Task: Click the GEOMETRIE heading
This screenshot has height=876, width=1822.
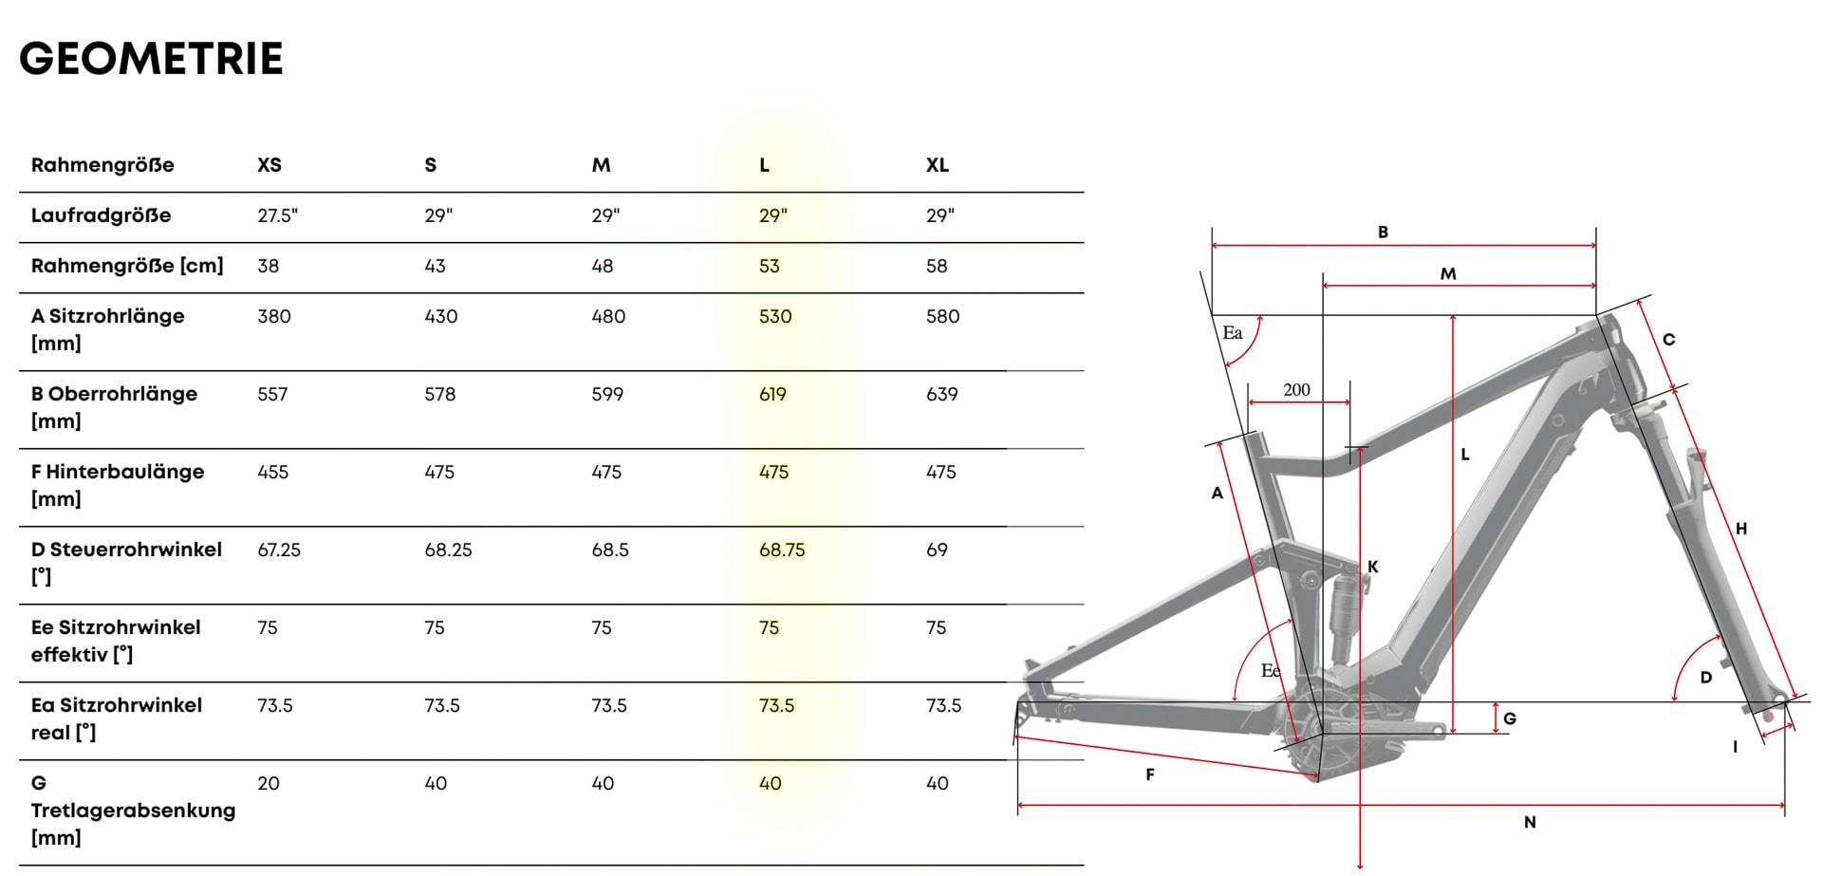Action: coord(151,58)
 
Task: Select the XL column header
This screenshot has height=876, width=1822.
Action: coord(937,165)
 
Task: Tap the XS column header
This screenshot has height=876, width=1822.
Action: coord(270,165)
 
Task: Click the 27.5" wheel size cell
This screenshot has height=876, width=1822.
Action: coord(277,215)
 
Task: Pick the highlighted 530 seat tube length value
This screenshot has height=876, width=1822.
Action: coord(774,316)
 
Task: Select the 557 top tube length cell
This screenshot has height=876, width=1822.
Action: coord(272,394)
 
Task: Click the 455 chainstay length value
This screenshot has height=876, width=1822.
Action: coord(272,472)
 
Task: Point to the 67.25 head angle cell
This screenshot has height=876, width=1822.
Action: coord(279,550)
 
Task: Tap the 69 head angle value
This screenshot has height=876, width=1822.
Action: coord(937,550)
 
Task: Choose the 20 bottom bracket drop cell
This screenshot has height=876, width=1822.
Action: coord(269,783)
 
